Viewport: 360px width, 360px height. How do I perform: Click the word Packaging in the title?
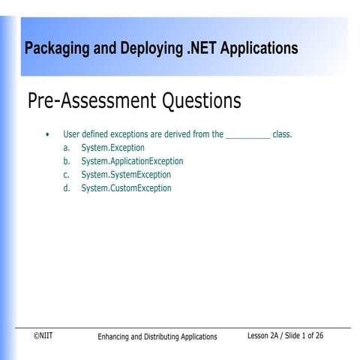[57, 49]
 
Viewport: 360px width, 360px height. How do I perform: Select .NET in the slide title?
[202, 49]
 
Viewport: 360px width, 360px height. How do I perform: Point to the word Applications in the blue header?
[260, 49]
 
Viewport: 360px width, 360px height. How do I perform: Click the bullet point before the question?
[47, 135]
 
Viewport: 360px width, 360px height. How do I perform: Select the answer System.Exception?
[112, 148]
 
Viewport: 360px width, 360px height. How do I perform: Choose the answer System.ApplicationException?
[132, 161]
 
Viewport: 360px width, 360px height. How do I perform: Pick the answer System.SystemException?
[126, 175]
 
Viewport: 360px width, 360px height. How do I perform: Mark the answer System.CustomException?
[126, 188]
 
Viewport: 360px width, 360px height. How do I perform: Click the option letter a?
[67, 148]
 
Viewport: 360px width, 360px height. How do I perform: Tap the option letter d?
[67, 188]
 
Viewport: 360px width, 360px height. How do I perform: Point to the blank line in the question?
[247, 136]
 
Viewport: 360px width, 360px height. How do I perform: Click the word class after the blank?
[281, 135]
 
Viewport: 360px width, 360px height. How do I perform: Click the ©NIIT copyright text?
[43, 336]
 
